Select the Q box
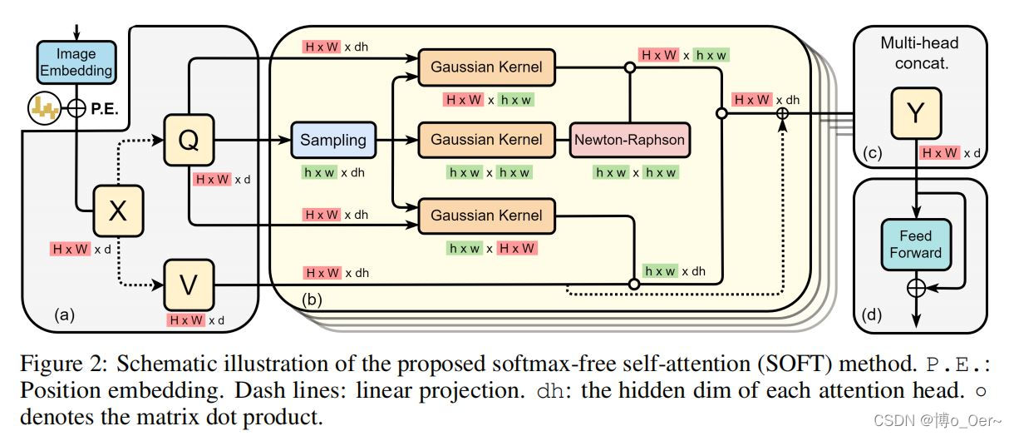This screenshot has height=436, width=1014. pyautogui.click(x=190, y=141)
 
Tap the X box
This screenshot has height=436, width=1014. pyautogui.click(x=118, y=211)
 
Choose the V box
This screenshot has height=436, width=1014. pyautogui.click(x=190, y=285)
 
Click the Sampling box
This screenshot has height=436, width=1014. pyautogui.click(x=333, y=140)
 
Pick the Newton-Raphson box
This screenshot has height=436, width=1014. pyautogui.click(x=630, y=140)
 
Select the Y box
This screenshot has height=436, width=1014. pyautogui.click(x=914, y=115)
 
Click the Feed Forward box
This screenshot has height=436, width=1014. pyautogui.click(x=915, y=245)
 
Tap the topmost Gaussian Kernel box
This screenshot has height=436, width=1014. pyautogui.click(x=486, y=67)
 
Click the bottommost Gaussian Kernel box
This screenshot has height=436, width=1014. pyautogui.click(x=486, y=216)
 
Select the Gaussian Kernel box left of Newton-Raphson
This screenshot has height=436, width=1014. pyautogui.click(x=486, y=140)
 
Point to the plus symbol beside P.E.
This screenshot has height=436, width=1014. pyautogui.click(x=76, y=108)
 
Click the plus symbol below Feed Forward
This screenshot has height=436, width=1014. pyautogui.click(x=915, y=287)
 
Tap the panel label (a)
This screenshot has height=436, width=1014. pyautogui.click(x=64, y=315)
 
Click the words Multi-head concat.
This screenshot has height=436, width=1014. pyautogui.click(x=919, y=51)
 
